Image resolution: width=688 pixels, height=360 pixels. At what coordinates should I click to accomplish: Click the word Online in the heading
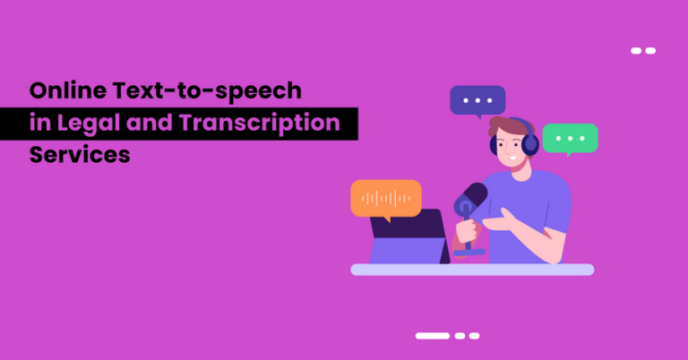click(x=65, y=92)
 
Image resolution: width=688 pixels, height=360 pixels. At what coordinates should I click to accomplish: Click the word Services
click(x=80, y=154)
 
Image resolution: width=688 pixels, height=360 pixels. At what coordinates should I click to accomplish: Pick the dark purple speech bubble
click(x=477, y=100)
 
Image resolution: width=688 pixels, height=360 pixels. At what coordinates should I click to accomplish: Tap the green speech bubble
click(x=570, y=138)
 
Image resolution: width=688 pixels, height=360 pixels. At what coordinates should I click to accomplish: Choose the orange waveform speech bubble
click(x=385, y=198)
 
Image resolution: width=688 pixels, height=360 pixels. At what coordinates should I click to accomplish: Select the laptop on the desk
click(x=408, y=236)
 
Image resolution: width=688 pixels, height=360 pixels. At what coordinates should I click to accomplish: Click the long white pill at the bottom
click(x=432, y=336)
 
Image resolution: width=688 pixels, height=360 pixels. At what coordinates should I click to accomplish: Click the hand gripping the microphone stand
click(x=467, y=233)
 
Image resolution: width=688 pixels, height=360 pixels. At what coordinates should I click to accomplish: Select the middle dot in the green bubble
click(x=570, y=138)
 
